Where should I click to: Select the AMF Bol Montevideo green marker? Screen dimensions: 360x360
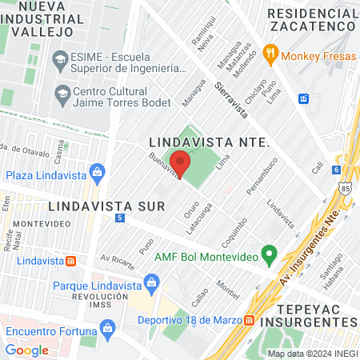270,256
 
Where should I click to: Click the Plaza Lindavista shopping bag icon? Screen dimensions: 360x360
98,172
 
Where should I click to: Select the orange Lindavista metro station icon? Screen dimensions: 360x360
70,261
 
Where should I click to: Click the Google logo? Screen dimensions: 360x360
27,350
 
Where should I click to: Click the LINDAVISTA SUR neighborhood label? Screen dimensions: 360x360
106,206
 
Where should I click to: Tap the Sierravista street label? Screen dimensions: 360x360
231,98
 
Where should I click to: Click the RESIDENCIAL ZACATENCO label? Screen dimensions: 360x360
312,20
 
